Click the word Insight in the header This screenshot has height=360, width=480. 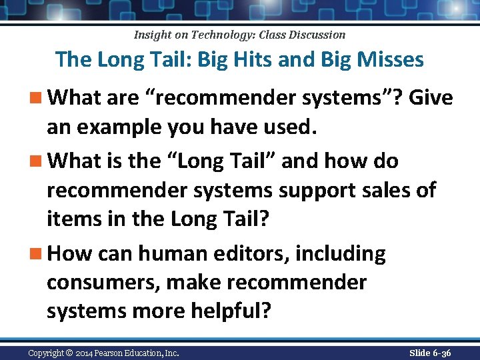pos(153,35)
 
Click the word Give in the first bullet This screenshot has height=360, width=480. pos(431,99)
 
